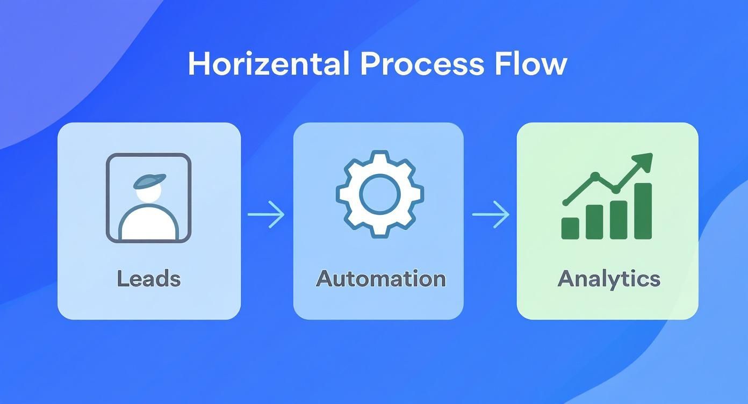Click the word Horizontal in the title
[x=269, y=63]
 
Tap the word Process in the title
[x=422, y=63]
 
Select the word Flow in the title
[x=530, y=63]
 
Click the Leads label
[x=149, y=278]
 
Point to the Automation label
[x=380, y=278]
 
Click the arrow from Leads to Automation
[x=266, y=214]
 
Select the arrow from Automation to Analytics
[x=491, y=214]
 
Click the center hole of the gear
[x=380, y=194]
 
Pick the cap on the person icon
[x=149, y=181]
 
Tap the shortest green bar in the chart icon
[x=570, y=228]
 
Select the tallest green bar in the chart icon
[x=643, y=211]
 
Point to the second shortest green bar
[x=594, y=222]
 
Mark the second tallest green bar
[x=619, y=220]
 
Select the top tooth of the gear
[x=380, y=156]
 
